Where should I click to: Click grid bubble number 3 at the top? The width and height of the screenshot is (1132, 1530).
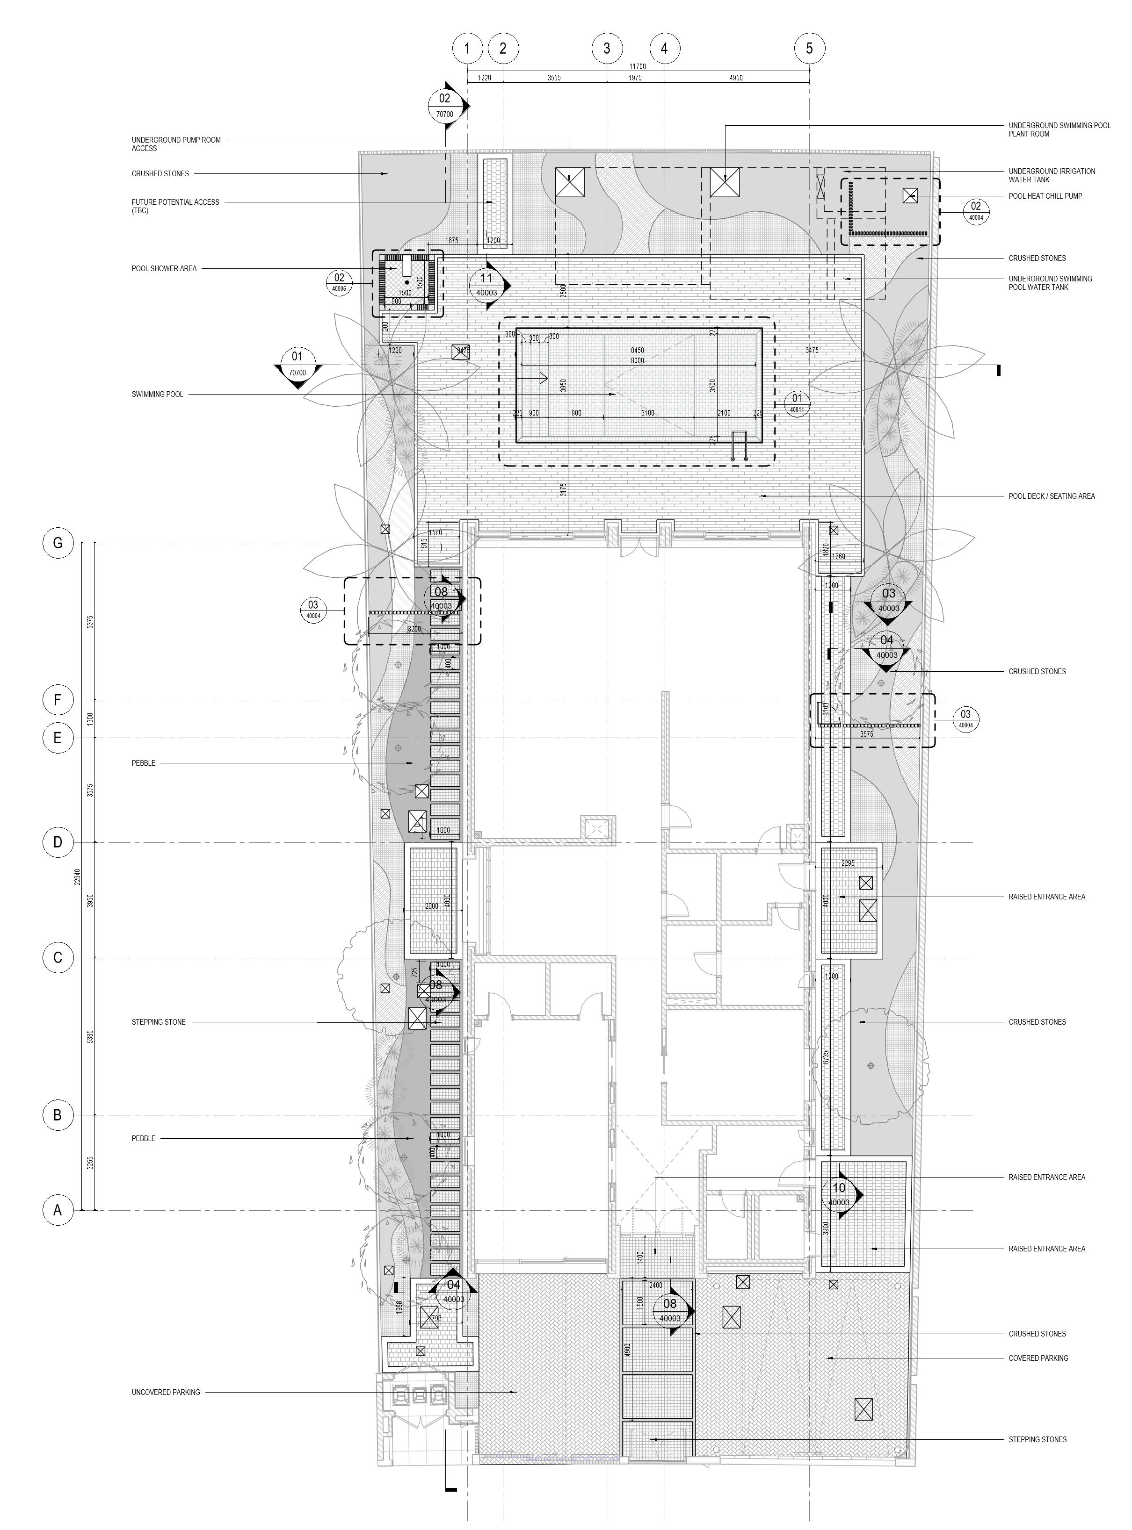(606, 48)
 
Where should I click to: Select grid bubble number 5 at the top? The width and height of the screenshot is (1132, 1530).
(809, 48)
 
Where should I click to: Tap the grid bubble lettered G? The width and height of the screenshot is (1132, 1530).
(58, 543)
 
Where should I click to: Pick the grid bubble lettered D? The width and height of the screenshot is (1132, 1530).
(58, 842)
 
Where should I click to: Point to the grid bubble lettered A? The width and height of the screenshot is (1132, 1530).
(58, 1210)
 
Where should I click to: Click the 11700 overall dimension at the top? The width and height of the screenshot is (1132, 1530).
(637, 66)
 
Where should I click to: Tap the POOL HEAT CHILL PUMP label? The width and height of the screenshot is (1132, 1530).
(1045, 196)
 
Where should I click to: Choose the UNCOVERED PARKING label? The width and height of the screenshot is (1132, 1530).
(166, 1393)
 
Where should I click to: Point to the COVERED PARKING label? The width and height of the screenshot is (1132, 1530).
(1038, 1358)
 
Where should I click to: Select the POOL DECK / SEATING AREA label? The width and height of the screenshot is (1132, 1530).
(1051, 496)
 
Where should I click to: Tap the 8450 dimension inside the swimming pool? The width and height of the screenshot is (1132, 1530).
(637, 351)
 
